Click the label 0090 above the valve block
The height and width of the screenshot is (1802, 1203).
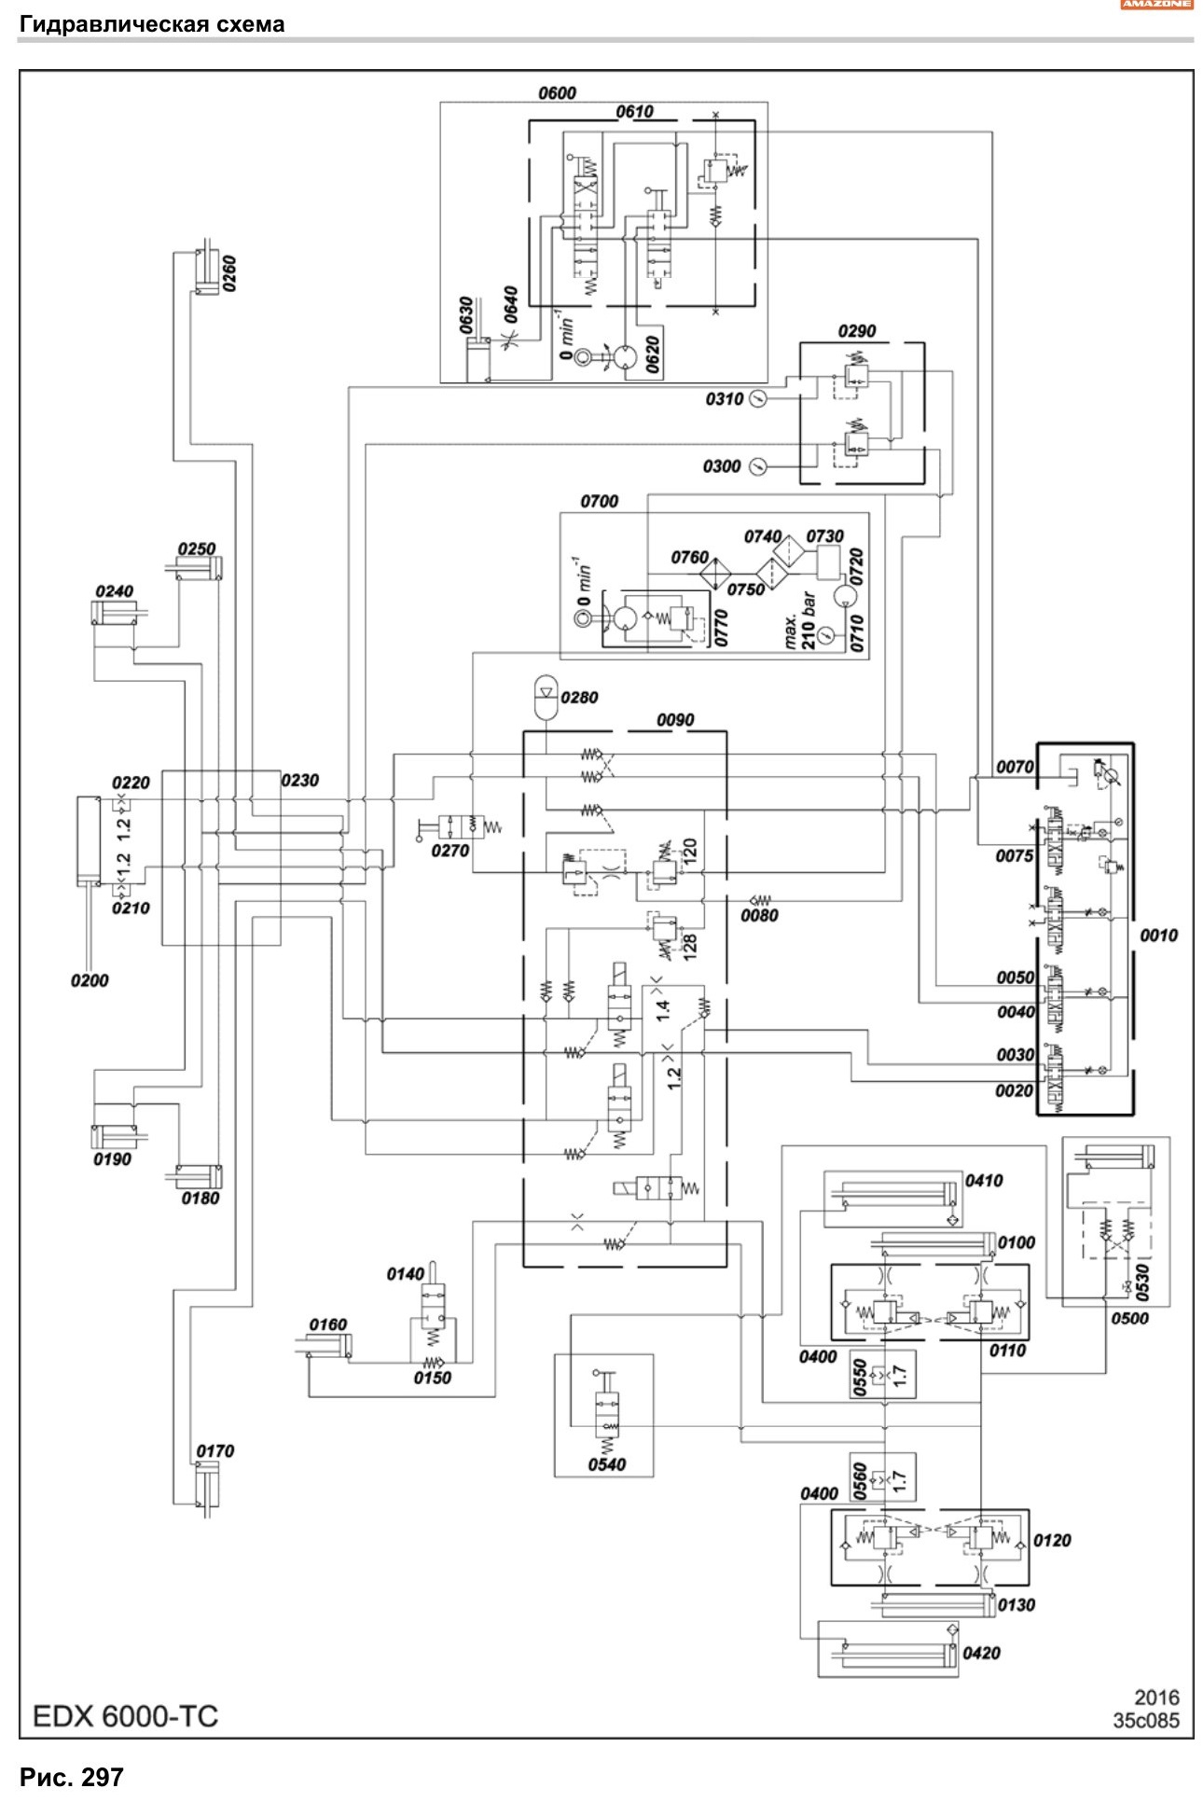pos(675,720)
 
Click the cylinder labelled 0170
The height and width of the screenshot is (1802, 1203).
pos(206,1490)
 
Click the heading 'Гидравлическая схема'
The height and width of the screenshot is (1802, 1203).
pos(152,24)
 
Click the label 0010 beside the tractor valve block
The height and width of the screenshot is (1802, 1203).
pos(1159,936)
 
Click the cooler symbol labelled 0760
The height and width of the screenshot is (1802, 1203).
pos(720,574)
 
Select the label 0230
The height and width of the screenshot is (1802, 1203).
pos(299,780)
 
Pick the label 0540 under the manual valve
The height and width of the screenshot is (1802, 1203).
pos(607,1464)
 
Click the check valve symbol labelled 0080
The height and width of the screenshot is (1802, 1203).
pos(760,900)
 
